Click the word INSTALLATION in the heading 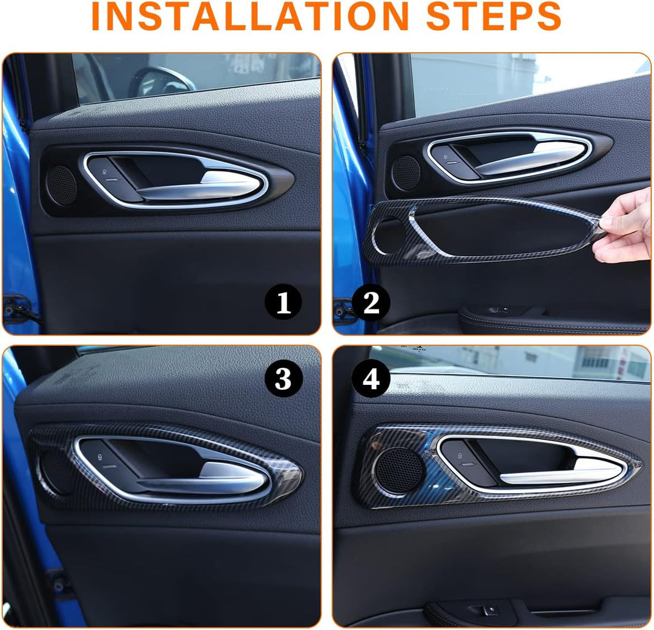tap(249, 16)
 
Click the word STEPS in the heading tap(494, 16)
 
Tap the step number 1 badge tap(283, 302)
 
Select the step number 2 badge tap(371, 302)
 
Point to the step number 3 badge tap(283, 379)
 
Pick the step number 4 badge tap(371, 379)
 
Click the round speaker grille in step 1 tap(62, 185)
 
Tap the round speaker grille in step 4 tap(399, 468)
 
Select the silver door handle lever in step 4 tap(559, 473)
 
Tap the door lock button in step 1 tap(104, 172)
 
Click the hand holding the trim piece tap(624, 229)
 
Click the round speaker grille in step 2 tap(406, 173)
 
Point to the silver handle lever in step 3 tap(200, 479)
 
